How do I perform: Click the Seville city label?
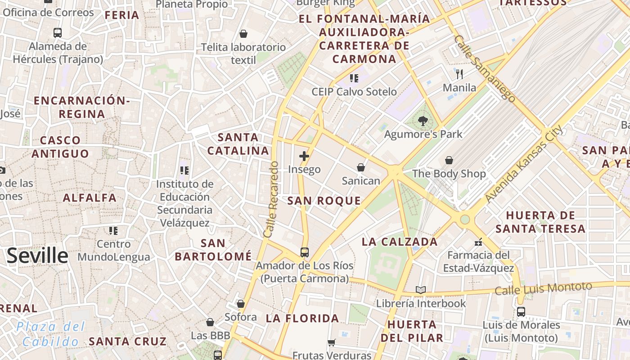pos(37,256)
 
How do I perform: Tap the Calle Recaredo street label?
pos(272,200)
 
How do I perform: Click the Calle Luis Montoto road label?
pos(543,288)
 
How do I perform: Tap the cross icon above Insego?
pos(304,156)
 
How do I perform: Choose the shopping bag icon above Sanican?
pos(360,168)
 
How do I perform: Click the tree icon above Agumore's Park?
pos(423,121)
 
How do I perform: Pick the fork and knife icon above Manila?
pos(459,74)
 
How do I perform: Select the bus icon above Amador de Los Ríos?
pos(305,252)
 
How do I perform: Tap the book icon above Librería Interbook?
pos(421,290)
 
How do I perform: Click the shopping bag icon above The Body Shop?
pos(449,160)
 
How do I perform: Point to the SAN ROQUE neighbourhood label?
pos(324,201)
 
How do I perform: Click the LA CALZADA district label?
pos(400,242)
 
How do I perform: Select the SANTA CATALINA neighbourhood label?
pos(238,144)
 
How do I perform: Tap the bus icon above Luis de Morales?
pos(521,311)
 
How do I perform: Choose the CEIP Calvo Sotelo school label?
pos(354,92)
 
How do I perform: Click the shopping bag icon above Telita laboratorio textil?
pos(243,34)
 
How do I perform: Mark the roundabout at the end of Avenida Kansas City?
pos(465,220)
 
